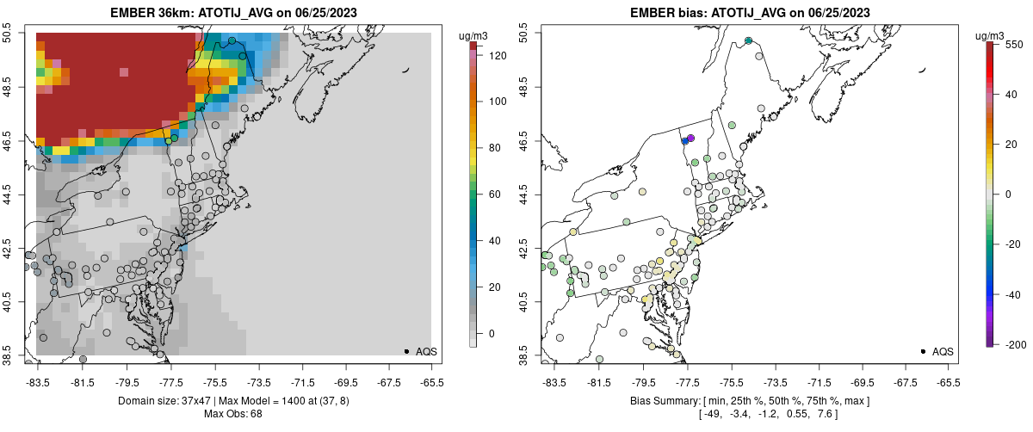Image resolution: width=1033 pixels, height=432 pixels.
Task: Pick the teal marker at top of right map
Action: pos(748,40)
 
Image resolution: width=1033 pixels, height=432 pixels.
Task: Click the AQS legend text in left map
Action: pos(426,351)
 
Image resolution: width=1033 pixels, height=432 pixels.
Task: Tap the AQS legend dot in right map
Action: pos(923,351)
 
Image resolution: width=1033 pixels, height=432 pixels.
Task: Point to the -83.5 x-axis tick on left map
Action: pos(37,381)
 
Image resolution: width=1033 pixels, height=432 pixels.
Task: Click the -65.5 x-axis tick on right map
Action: pos(948,381)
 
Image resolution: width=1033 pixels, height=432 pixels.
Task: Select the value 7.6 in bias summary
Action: pos(828,414)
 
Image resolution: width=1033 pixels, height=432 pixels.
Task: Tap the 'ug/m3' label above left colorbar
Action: pos(473,34)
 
